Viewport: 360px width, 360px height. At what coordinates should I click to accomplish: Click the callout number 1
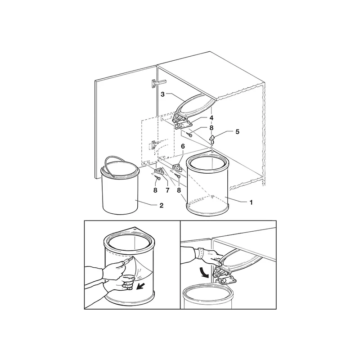(251, 202)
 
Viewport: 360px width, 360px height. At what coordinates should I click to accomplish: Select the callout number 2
(162, 206)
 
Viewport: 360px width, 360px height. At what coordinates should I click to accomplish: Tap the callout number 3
(162, 94)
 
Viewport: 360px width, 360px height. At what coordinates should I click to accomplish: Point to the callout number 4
(211, 118)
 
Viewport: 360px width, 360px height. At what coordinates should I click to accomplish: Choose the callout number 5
(237, 132)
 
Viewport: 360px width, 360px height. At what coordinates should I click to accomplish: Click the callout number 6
(183, 146)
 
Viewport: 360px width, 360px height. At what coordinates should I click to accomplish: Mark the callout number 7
(167, 190)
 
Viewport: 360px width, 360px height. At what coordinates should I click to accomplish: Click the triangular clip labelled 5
(212, 138)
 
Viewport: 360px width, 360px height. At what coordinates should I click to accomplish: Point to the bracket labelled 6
(176, 167)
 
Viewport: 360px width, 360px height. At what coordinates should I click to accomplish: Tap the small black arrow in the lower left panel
(140, 287)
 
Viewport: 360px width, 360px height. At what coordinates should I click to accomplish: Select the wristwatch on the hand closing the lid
(199, 253)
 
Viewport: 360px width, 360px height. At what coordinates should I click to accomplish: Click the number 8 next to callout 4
(211, 128)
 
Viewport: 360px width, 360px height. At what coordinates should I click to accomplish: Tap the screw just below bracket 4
(189, 135)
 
